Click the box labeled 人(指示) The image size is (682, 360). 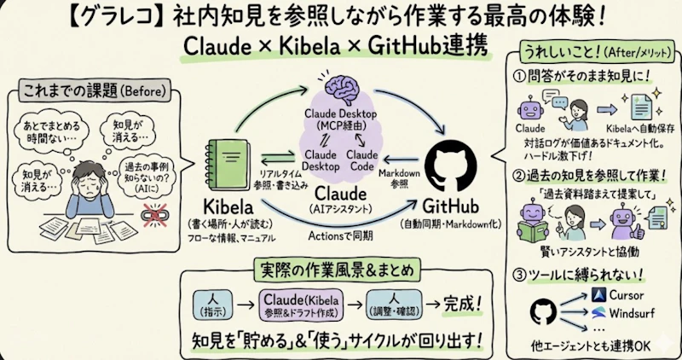click(x=209, y=302)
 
